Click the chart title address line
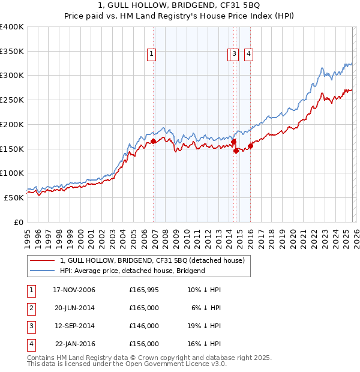[180, 5]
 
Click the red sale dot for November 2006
[154, 142]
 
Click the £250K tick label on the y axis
[12, 100]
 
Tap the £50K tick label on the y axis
[14, 197]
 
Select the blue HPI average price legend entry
[133, 271]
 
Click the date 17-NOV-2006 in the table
[74, 290]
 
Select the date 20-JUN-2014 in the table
[74, 308]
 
